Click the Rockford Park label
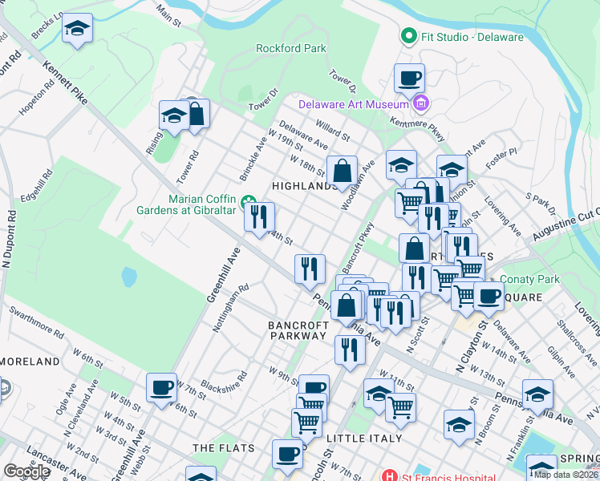(x=290, y=48)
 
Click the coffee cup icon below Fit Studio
(x=409, y=79)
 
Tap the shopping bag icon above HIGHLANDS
(x=342, y=170)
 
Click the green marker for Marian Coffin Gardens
(x=249, y=200)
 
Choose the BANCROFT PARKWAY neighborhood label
(x=298, y=332)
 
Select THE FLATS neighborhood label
(x=224, y=447)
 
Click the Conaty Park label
(x=529, y=280)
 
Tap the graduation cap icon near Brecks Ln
(x=77, y=28)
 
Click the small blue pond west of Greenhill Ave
(x=129, y=277)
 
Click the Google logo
(x=26, y=471)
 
